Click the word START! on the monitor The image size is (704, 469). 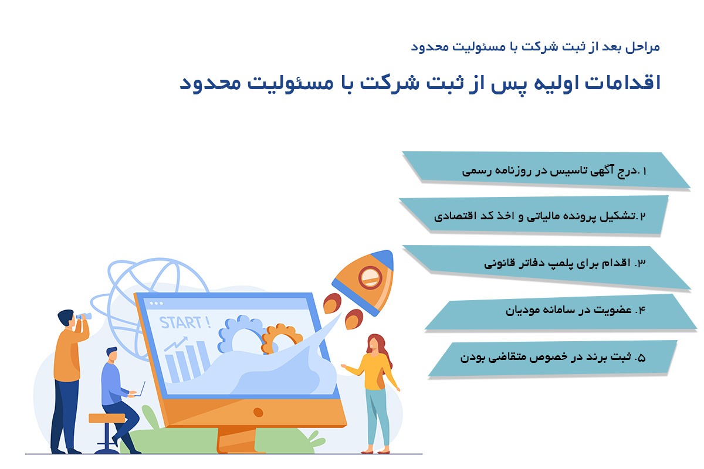(x=185, y=322)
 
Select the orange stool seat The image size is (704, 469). (x=106, y=418)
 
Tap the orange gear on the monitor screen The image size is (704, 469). (x=281, y=337)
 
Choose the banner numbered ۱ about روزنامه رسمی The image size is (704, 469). (x=546, y=171)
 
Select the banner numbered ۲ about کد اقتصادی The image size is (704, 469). (x=534, y=216)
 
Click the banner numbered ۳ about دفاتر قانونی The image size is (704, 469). (x=546, y=264)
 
